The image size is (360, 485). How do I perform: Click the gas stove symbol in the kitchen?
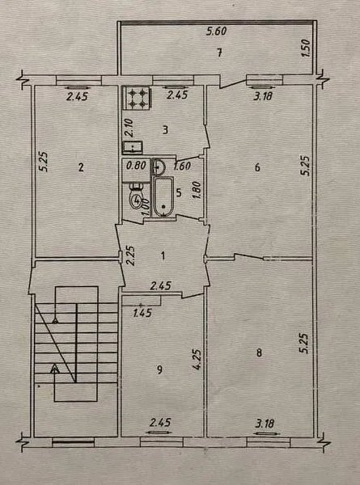138,98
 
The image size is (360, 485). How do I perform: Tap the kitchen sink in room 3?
133,147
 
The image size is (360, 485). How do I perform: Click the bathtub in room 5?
163,196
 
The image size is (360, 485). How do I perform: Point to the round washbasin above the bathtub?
159,167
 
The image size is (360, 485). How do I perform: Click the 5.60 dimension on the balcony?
218,32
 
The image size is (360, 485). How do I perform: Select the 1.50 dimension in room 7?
306,48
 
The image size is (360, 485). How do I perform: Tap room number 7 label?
219,53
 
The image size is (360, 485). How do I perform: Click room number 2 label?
81,167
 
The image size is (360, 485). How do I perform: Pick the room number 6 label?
257,167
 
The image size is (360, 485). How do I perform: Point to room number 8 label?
259,352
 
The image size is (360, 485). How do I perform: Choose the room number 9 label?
159,370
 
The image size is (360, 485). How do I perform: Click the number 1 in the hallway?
163,255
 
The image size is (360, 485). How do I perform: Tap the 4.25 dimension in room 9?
198,360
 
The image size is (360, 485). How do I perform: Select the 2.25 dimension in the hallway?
131,255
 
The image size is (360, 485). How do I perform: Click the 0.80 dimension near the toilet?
136,166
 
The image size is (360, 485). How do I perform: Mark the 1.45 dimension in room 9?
142,314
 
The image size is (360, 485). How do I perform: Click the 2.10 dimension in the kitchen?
129,128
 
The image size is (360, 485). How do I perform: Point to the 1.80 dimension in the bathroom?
197,192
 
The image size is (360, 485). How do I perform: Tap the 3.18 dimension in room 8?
265,423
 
